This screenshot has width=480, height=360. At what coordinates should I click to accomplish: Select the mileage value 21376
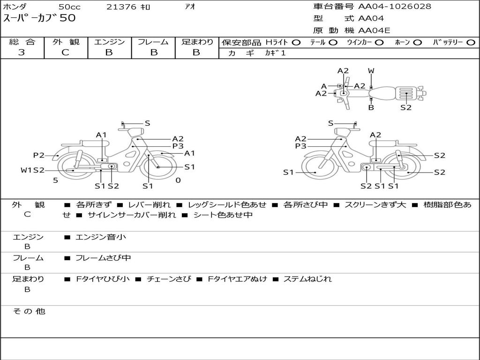coord(121,7)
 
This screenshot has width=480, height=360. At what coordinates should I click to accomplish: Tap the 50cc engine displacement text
coord(69,7)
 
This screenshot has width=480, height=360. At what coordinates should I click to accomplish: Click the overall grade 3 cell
coord(22,52)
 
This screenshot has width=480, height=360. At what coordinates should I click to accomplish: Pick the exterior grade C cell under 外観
coord(65,52)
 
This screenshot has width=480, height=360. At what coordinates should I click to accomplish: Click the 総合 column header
coord(22,42)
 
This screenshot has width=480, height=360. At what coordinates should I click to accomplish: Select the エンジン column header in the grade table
coord(109,42)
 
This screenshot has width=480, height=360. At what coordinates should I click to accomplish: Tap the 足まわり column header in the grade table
coord(197,42)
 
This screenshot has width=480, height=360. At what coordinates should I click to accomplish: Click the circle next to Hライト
coord(296,43)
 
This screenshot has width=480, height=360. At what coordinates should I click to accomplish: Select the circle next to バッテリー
coord(471,43)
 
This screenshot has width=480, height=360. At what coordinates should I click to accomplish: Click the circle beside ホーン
coord(417,43)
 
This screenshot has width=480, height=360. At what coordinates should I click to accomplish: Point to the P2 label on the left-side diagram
coord(38,155)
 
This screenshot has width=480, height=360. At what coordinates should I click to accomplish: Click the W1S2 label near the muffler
coord(32,170)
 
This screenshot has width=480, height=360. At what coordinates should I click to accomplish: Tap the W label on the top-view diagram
coord(371,71)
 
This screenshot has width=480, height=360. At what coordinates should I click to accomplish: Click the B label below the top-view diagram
coord(371,107)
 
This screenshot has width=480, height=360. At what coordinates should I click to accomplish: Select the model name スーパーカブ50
coord(39,19)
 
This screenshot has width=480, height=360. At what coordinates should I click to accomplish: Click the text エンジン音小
coord(101,237)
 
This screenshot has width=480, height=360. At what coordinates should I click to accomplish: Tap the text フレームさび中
coord(103,258)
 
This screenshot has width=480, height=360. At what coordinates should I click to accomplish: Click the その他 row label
coord(29,311)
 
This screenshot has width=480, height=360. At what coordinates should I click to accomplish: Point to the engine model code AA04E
coord(374,30)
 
